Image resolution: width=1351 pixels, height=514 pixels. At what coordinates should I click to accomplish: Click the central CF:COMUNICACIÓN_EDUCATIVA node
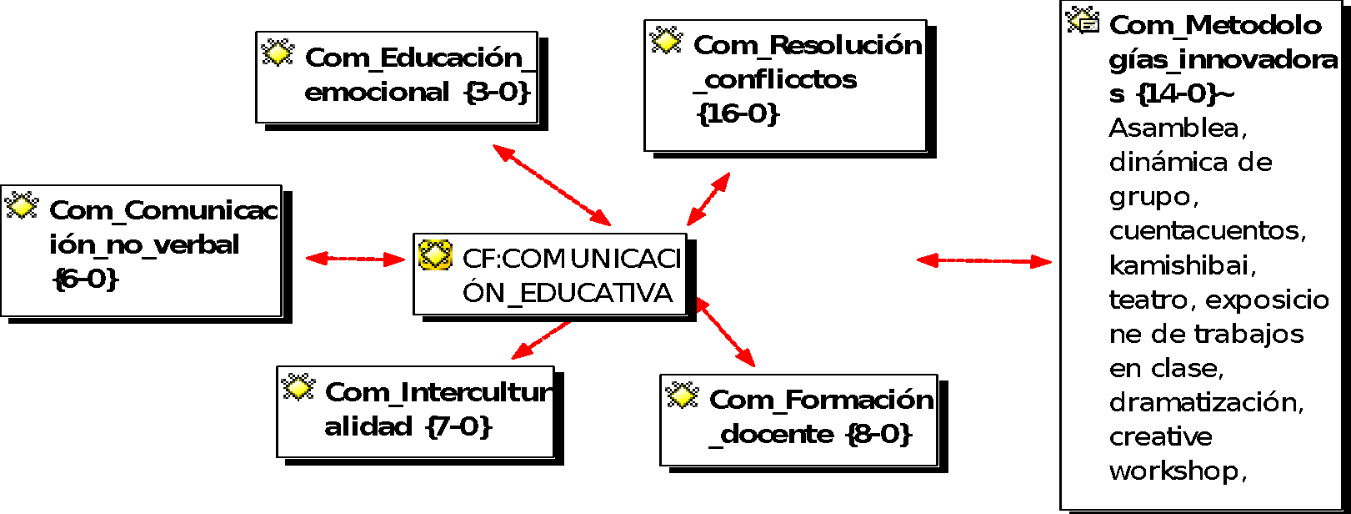point(550,275)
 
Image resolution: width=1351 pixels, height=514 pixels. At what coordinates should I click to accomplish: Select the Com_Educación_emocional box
point(397,78)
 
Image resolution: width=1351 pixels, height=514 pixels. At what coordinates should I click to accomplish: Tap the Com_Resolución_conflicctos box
point(785,86)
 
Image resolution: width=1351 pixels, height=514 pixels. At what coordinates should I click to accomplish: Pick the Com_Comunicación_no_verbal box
point(141,250)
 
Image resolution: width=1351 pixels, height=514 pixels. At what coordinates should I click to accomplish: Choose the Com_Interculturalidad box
point(415,412)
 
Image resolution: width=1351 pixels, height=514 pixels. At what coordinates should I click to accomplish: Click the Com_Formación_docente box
point(798,420)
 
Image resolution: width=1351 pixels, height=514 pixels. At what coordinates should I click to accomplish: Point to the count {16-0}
point(738,113)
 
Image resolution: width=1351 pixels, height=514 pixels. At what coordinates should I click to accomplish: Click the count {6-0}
point(86,279)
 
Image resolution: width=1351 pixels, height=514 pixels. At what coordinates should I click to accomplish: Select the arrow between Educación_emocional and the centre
point(552,185)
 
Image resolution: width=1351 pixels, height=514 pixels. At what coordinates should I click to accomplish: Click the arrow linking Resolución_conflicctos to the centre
point(708,199)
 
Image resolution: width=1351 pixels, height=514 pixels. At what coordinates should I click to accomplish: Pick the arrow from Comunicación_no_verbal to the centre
point(356,259)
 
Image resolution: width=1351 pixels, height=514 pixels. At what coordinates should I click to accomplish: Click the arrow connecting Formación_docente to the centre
point(725,332)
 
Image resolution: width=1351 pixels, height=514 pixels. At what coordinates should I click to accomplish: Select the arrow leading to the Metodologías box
point(983,261)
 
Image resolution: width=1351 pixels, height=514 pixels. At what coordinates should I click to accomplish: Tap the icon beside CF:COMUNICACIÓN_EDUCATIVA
point(435,255)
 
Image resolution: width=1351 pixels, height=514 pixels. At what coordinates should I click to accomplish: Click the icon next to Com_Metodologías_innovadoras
point(1083,21)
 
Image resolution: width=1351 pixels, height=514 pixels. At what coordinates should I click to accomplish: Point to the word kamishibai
point(1182,265)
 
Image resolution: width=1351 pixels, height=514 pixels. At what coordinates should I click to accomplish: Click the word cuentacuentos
point(1206,231)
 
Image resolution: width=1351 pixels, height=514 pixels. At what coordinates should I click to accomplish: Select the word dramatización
point(1205,402)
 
